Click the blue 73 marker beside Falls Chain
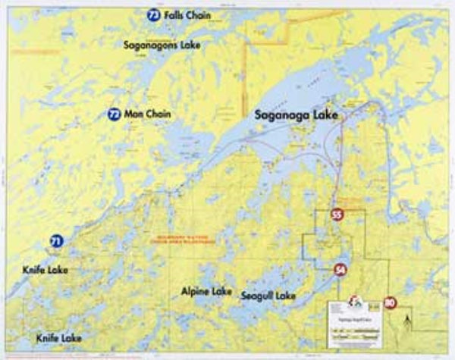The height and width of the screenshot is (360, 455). [154, 15]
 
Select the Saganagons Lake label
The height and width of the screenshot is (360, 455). [162, 45]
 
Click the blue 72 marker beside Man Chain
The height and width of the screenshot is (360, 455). [114, 114]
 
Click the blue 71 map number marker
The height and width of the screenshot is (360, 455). [57, 242]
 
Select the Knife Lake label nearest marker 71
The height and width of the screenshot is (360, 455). [45, 269]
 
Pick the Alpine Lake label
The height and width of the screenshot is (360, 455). [206, 291]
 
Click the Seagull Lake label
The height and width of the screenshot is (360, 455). [268, 295]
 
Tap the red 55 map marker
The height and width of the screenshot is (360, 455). [337, 215]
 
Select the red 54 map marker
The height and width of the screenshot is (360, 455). [340, 270]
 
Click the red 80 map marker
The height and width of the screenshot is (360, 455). [390, 302]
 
